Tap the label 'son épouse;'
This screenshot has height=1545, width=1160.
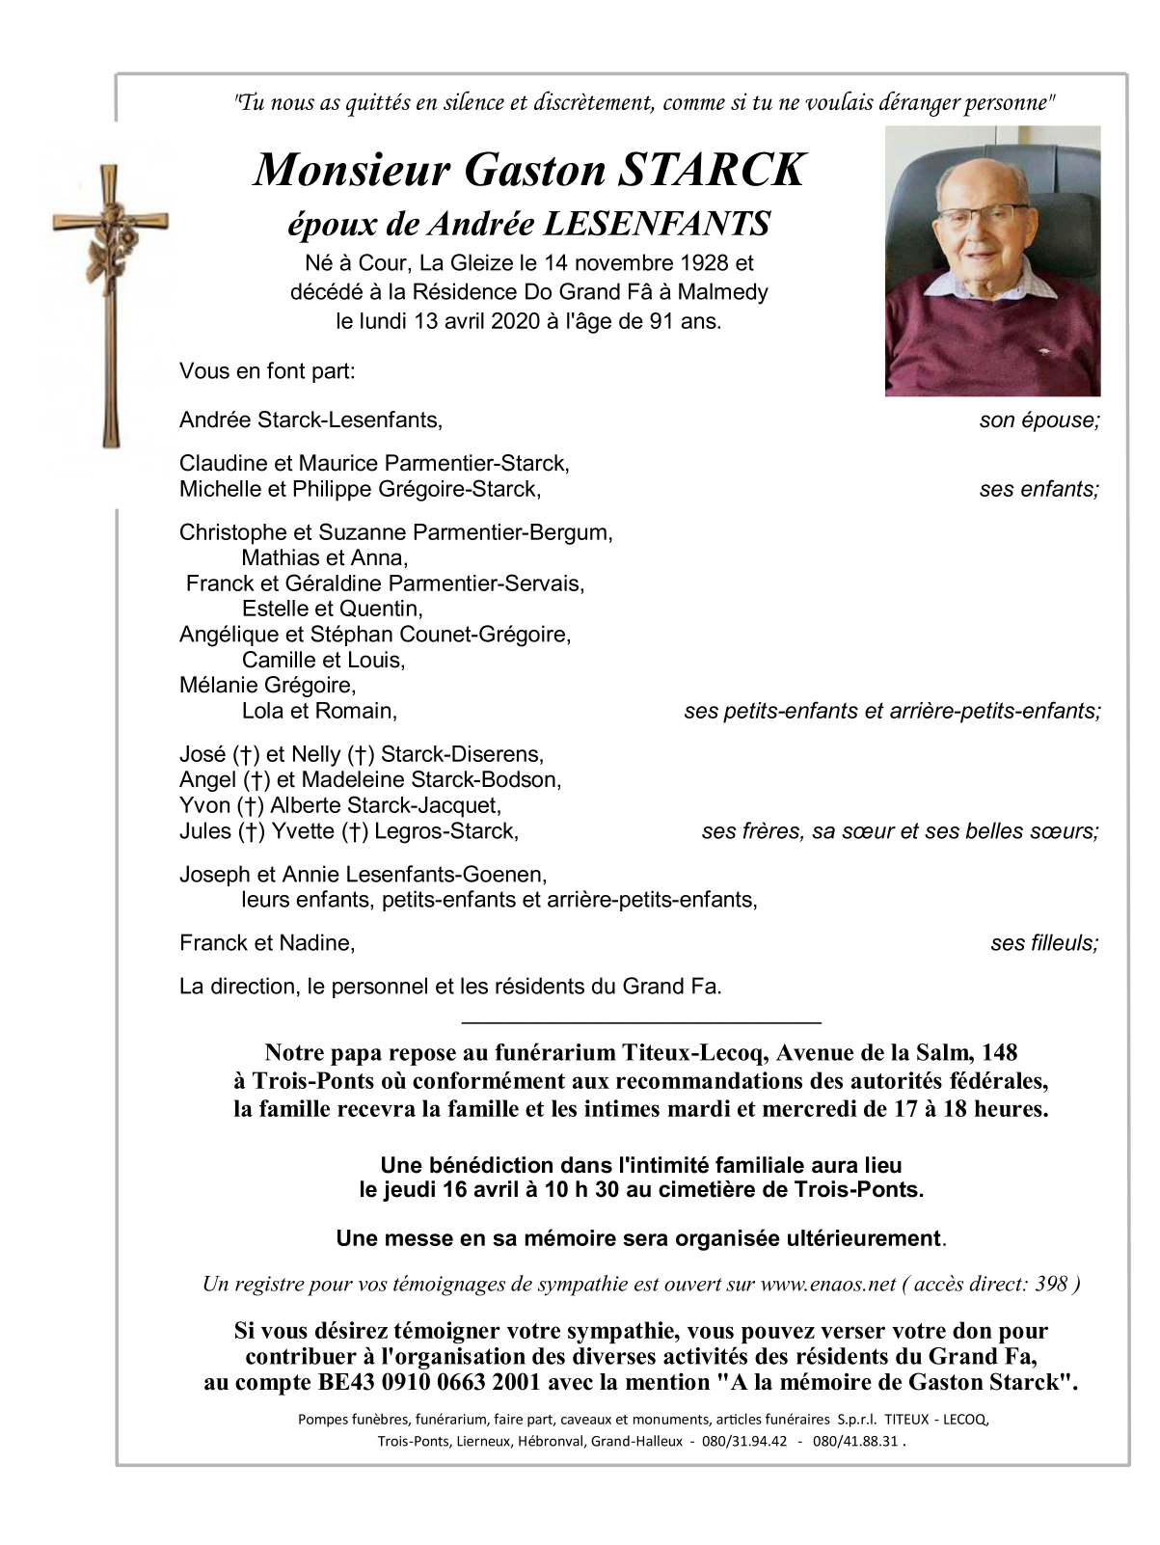click(x=1039, y=420)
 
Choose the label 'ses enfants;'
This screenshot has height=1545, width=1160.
click(x=1039, y=490)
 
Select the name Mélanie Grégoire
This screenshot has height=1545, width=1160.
click(x=268, y=686)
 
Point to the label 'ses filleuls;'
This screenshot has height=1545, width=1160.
click(x=1044, y=943)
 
